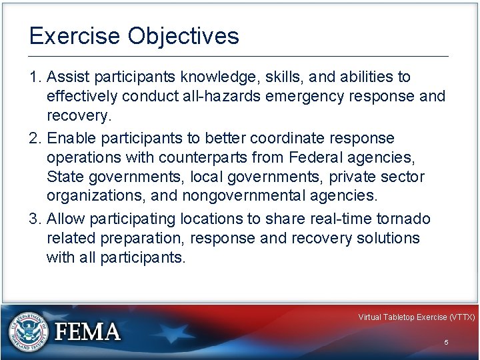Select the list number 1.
click(34, 78)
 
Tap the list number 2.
click(34, 138)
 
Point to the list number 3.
click(34, 219)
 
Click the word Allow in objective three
click(66, 219)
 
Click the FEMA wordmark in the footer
click(87, 331)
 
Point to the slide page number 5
click(446, 342)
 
